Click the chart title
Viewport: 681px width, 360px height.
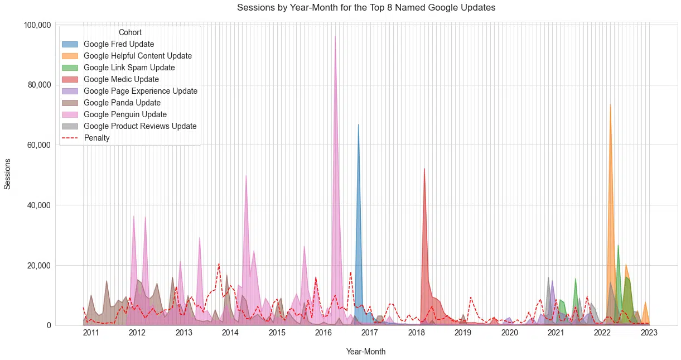point(366,8)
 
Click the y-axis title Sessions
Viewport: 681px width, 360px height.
point(8,174)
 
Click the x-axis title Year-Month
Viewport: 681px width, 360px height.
point(365,352)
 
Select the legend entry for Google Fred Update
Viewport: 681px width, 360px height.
point(119,44)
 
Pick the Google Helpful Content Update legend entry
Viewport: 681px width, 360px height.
point(137,56)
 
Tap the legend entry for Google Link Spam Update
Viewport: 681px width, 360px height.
point(129,68)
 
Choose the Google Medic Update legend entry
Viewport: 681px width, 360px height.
point(121,79)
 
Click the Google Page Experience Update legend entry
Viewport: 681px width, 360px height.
point(140,91)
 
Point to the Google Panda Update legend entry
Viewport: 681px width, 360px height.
point(122,103)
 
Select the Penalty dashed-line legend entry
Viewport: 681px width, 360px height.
point(96,138)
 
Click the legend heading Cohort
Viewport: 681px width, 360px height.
point(130,32)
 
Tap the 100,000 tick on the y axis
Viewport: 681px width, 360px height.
point(37,25)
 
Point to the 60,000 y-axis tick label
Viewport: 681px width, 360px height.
point(39,145)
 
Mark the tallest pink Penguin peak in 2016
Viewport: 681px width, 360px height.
point(335,37)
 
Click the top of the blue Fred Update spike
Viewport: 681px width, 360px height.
point(358,124)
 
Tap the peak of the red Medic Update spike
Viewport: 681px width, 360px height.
point(424,169)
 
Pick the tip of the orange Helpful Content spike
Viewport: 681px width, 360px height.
point(610,104)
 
